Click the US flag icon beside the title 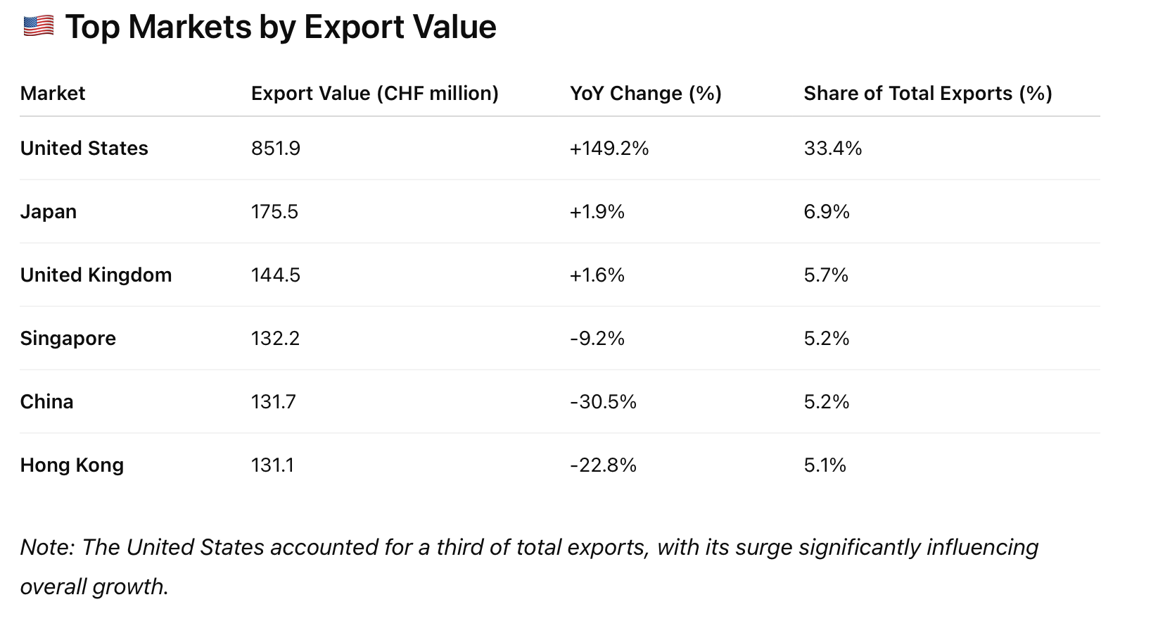[38, 26]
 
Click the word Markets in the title [189, 27]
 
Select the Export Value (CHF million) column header [374, 94]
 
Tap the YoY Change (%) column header [645, 94]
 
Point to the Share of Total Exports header [927, 94]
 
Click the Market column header [53, 94]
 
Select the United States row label [84, 149]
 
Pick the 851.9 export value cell [275, 149]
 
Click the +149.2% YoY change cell [609, 149]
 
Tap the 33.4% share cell [832, 149]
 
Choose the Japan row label [48, 212]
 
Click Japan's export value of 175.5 [274, 212]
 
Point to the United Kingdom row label [96, 275]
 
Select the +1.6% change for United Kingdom [597, 275]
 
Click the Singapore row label [68, 339]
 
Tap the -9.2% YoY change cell [597, 339]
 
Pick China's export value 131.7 [273, 402]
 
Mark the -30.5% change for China [603, 402]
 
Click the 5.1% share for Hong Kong [825, 465]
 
